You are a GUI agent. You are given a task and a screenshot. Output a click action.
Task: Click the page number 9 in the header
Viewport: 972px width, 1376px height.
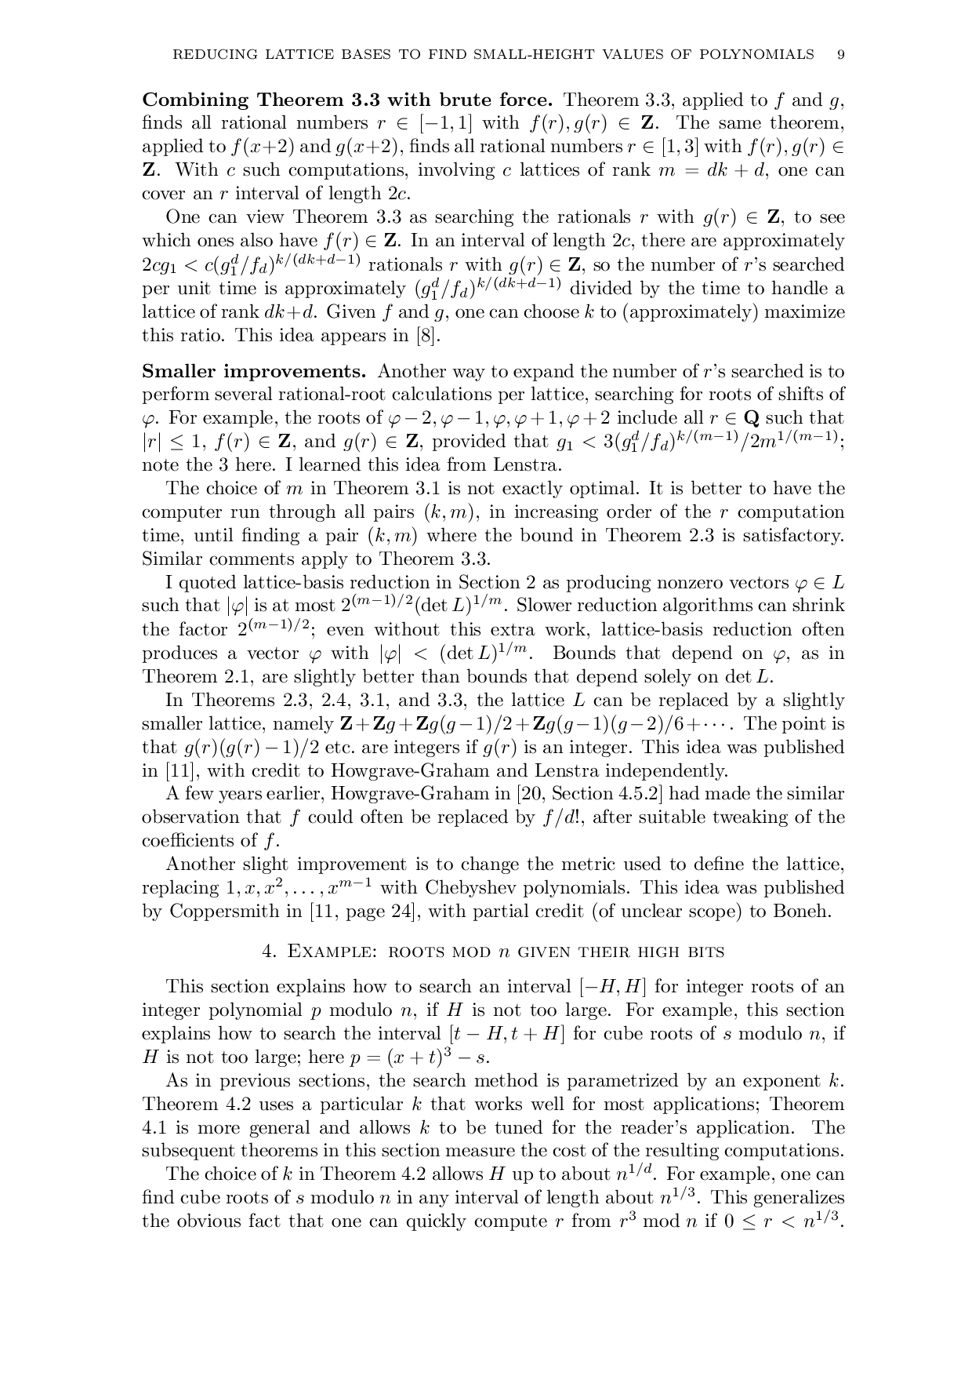840,54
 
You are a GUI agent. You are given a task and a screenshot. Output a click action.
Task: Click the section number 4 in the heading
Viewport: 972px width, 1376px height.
269,952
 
